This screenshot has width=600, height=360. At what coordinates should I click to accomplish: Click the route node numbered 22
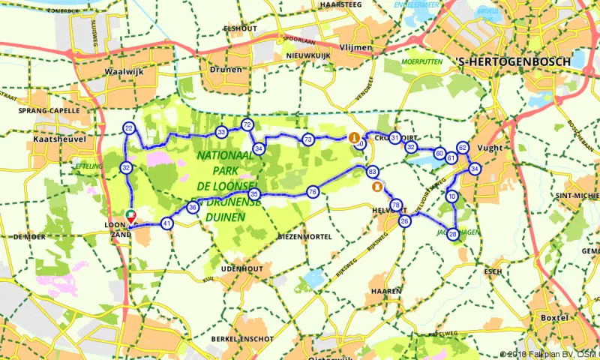129,129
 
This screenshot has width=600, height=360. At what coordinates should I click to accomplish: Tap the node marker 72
247,124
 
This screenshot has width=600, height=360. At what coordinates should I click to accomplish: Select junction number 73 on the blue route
307,139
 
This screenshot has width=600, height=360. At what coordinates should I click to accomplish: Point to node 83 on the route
373,172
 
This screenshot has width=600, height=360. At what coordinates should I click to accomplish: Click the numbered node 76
313,192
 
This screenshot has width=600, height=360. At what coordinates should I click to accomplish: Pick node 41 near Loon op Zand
166,223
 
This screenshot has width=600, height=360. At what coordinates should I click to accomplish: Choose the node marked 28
453,233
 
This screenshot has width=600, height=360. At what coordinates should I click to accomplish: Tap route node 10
451,196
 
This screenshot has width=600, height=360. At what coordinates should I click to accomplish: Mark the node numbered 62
463,148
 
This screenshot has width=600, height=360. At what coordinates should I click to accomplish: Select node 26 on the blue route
405,220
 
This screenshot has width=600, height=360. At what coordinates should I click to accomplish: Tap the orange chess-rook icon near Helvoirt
379,187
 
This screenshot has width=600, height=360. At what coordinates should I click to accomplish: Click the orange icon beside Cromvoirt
353,137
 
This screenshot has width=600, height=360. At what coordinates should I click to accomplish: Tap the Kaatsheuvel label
55,139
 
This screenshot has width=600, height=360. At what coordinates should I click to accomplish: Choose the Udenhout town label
241,268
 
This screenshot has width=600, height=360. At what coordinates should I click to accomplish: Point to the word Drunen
226,70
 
